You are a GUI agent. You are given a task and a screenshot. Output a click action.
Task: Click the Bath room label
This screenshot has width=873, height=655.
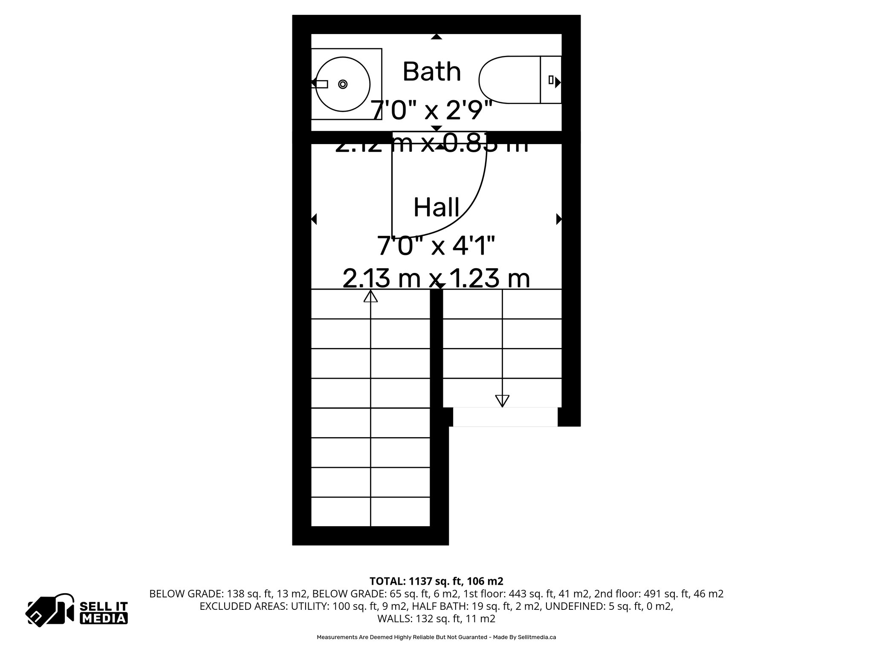pos(432,72)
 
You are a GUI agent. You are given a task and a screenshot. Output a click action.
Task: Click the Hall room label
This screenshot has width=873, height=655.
pos(436,208)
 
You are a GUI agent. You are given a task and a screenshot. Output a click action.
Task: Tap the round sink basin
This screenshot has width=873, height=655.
pos(342,84)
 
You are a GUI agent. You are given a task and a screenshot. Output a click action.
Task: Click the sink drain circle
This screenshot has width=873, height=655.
pos(343,84)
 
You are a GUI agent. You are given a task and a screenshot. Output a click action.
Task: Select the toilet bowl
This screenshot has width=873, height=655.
pos(509,80)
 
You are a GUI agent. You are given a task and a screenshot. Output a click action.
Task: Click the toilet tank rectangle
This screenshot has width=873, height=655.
pos(550,80)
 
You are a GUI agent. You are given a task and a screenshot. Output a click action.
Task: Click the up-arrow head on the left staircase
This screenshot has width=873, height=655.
pos(370,296)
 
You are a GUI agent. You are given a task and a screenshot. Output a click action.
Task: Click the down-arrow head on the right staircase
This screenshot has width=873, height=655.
pos(502,401)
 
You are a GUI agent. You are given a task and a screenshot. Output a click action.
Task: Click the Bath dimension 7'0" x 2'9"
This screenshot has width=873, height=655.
pos(431,110)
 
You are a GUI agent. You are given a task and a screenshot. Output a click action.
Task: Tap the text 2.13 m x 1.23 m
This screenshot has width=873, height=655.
pos(436,278)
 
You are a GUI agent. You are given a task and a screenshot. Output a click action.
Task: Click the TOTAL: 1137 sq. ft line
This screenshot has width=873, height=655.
pos(436,581)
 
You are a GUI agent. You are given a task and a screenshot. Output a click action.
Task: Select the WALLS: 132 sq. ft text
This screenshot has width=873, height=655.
pos(436,619)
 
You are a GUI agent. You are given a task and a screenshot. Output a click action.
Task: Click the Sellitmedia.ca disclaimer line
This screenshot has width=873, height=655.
pos(436,638)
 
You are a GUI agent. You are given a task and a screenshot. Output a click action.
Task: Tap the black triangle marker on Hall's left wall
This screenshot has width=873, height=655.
pos(314,219)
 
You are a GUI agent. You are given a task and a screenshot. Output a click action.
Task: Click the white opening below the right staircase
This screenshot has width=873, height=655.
pos(505,417)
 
